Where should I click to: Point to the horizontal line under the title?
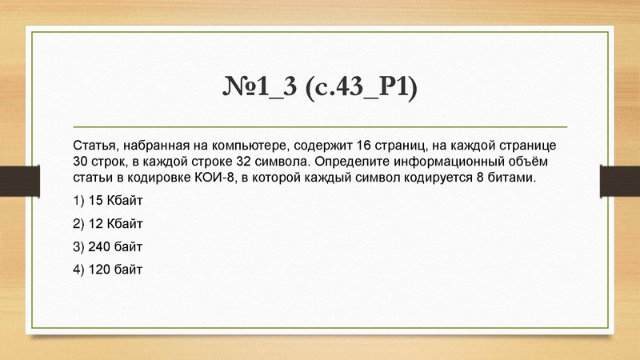(319, 127)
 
